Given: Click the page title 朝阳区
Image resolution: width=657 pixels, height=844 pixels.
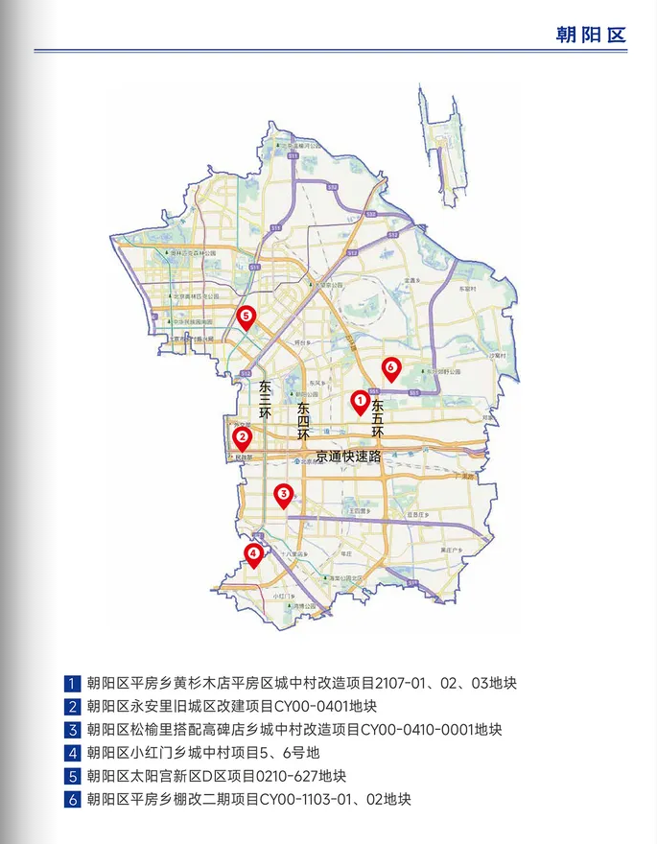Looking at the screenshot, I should point(590,35).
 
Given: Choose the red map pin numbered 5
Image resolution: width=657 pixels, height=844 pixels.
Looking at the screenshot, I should point(246,316).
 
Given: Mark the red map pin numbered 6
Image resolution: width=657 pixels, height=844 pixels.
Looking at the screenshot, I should point(390,367).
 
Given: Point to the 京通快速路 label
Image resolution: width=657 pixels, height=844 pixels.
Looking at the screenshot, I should point(341,457).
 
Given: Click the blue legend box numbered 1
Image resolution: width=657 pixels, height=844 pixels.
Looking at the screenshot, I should point(72,685).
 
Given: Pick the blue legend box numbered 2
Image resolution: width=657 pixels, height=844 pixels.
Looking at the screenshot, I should point(72,708).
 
